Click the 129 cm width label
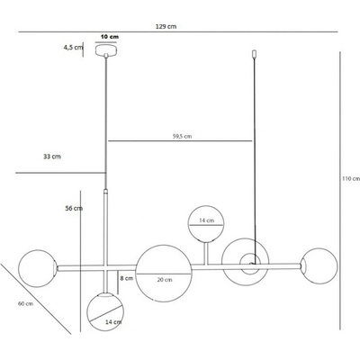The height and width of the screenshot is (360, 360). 166,26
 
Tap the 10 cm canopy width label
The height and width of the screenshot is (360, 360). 110,37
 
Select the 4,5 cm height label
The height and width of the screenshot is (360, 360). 73,48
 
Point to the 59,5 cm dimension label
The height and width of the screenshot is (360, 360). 182,136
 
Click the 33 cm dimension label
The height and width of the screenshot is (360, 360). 52,157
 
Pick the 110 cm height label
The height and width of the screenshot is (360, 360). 351,179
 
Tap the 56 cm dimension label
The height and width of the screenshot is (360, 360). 74,208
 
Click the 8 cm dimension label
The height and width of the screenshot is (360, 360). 126,278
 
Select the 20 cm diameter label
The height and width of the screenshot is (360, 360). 165,280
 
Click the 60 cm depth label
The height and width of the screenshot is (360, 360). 25,303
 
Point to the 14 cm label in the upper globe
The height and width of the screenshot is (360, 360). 207,220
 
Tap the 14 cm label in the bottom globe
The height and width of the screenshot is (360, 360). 113,322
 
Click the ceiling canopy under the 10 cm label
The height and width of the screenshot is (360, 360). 106,50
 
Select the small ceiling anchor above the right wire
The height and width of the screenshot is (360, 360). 255,54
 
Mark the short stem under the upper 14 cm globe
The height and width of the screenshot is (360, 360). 206,254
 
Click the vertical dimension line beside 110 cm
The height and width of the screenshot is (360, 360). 340,191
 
